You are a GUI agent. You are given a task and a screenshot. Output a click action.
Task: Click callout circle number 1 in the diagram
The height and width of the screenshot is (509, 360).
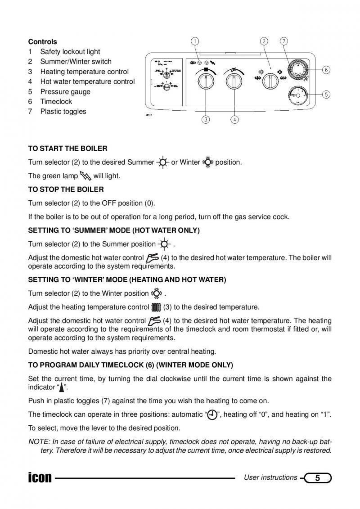194,41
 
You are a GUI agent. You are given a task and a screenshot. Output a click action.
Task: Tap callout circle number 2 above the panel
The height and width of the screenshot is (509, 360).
264,41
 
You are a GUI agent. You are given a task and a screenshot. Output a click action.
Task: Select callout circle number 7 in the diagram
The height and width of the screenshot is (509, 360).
284,41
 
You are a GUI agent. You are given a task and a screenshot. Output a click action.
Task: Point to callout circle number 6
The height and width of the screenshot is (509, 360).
326,70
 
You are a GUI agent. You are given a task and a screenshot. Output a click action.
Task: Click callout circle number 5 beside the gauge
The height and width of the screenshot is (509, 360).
326,95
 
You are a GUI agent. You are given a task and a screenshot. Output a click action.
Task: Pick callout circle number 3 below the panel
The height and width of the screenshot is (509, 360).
206,120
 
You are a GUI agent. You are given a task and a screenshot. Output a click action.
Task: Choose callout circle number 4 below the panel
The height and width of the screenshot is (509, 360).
235,120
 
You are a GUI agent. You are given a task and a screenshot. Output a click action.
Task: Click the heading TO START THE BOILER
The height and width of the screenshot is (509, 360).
68,149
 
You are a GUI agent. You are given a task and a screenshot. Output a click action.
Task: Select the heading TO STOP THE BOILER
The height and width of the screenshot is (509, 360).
66,189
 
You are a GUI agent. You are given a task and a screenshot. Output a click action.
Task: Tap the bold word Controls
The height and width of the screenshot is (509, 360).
43,42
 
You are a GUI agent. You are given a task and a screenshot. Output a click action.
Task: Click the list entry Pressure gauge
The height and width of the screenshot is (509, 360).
65,92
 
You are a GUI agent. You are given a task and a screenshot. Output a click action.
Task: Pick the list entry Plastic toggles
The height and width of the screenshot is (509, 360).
63,112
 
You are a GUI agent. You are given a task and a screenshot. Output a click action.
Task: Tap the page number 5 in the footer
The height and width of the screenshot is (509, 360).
318,478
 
